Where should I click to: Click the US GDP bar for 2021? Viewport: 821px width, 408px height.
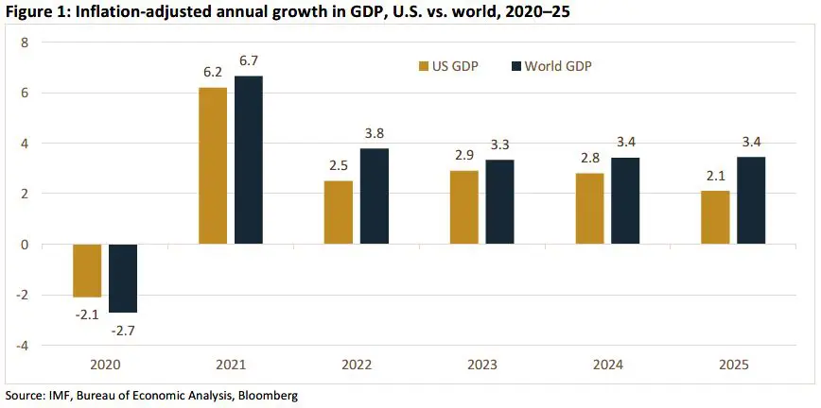[x=213, y=165]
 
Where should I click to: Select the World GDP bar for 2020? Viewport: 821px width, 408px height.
[x=123, y=278]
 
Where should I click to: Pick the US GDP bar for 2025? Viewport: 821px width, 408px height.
[x=715, y=217]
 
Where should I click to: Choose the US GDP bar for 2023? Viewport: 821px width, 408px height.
[x=463, y=207]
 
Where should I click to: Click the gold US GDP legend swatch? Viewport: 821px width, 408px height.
[x=423, y=66]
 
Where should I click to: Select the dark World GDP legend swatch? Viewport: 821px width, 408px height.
[x=516, y=66]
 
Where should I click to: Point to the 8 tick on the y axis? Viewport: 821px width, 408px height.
[x=26, y=42]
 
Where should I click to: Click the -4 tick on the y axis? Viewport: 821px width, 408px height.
[x=24, y=346]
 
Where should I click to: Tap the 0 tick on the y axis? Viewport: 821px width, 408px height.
[x=26, y=245]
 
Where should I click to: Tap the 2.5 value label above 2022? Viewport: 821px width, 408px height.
[x=338, y=165]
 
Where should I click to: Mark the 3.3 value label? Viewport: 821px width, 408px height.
[x=499, y=144]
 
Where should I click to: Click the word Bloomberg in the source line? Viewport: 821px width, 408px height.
[x=269, y=396]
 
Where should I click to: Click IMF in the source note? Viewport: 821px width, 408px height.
[x=58, y=396]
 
